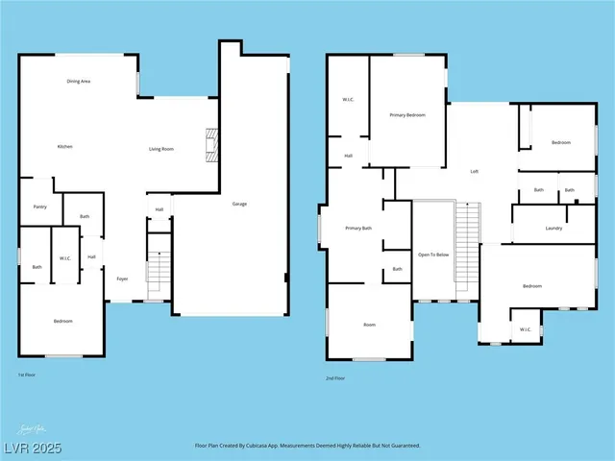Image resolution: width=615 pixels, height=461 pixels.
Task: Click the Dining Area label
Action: click(x=79, y=82)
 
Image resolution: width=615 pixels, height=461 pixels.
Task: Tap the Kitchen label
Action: click(x=65, y=146)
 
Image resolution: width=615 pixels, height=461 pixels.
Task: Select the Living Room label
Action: click(x=160, y=149)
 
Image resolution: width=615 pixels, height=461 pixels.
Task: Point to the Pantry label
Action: click(x=39, y=206)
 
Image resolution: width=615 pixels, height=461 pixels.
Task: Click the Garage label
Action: click(x=239, y=204)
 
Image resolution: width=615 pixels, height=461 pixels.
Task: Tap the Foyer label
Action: click(x=122, y=279)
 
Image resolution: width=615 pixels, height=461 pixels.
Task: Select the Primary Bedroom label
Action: click(x=407, y=114)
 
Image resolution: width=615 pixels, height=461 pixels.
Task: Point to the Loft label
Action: click(x=474, y=171)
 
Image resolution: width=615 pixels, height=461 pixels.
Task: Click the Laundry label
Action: click(x=553, y=228)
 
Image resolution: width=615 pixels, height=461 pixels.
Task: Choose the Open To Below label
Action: click(x=433, y=255)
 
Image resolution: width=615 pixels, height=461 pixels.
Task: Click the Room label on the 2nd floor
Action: click(x=369, y=326)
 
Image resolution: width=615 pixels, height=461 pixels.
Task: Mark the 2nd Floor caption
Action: click(x=335, y=378)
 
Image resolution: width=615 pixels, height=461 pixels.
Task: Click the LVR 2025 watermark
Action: click(x=31, y=448)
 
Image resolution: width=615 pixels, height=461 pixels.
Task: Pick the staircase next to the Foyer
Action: click(x=157, y=268)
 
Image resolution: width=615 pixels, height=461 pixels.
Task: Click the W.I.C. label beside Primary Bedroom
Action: click(x=350, y=99)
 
